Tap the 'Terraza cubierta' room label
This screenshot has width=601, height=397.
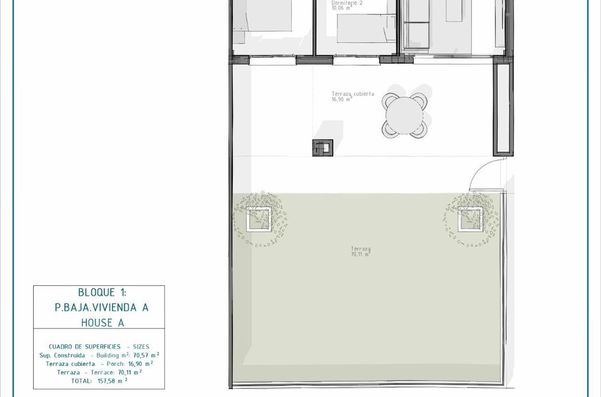click(x=352, y=94)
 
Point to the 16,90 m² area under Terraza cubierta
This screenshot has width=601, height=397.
click(x=342, y=100)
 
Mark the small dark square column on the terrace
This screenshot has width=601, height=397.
click(x=322, y=147)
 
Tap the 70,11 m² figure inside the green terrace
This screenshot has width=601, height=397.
click(x=361, y=254)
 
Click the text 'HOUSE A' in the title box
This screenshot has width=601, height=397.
click(x=102, y=323)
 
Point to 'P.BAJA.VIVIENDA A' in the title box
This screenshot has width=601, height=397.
click(x=102, y=307)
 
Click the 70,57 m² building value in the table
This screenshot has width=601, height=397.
click(x=146, y=355)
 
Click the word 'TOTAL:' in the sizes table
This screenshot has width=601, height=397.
click(x=83, y=380)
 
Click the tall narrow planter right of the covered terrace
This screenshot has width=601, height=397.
click(x=502, y=108)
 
